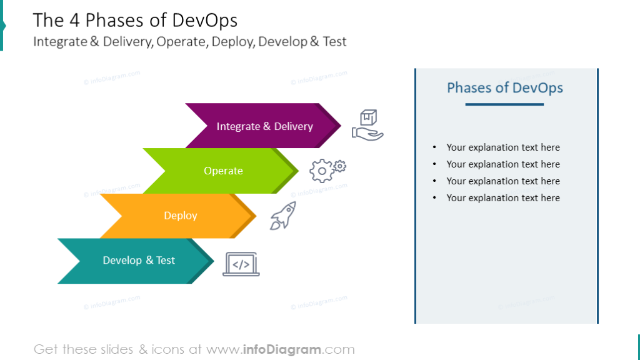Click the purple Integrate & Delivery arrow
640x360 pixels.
pyautogui.click(x=264, y=126)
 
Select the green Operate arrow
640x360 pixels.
pyautogui.click(x=223, y=171)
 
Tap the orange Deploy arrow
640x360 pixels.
pyautogui.click(x=180, y=216)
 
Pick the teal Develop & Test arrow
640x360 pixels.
pyautogui.click(x=139, y=261)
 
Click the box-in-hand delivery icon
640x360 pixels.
pyautogui.click(x=367, y=125)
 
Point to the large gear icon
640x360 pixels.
pyautogui.click(x=321, y=171)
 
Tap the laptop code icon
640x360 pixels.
pyautogui.click(x=241, y=264)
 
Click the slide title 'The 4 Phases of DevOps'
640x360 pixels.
pyautogui.click(x=135, y=21)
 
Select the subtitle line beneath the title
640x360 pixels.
pyautogui.click(x=189, y=42)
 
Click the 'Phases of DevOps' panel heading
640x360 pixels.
pyautogui.click(x=505, y=87)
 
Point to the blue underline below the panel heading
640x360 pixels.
pyautogui.click(x=504, y=104)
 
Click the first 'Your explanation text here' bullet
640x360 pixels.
pyautogui.click(x=502, y=147)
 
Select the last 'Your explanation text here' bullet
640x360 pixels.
pyautogui.click(x=502, y=198)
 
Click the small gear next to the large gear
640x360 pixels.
pyautogui.click(x=340, y=166)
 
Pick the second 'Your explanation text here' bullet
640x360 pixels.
pyautogui.click(x=502, y=164)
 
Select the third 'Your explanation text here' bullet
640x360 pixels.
pyautogui.click(x=502, y=181)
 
